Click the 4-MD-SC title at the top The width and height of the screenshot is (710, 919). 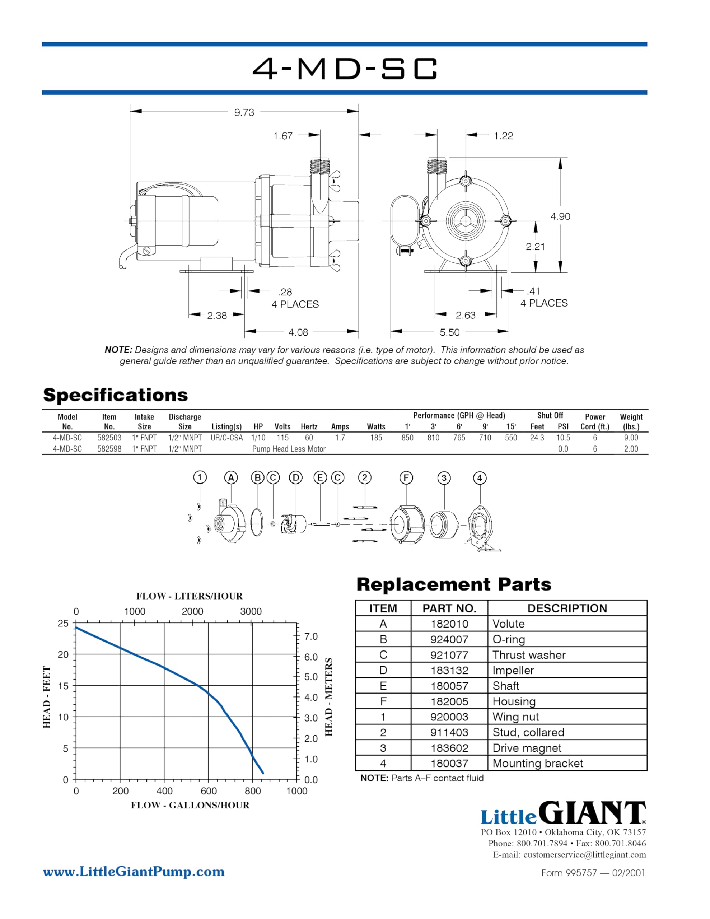point(345,69)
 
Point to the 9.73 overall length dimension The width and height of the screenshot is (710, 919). point(244,112)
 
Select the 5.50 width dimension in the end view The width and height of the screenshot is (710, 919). point(449,332)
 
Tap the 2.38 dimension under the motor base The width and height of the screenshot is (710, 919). point(217,315)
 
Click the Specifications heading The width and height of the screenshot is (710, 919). point(115,395)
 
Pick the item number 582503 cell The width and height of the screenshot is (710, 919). point(109,438)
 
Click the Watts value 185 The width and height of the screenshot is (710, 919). point(376,438)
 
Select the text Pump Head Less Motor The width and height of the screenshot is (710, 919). point(289,449)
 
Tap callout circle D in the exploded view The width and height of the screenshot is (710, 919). point(296,477)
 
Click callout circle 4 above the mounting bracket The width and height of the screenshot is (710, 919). point(479,478)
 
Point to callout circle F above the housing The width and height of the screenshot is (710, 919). point(406,477)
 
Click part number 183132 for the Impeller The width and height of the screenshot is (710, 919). point(449,670)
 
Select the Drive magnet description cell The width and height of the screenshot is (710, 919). point(527,748)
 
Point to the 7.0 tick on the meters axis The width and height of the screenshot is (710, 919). point(310,636)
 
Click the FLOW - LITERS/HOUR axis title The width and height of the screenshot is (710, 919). point(190,596)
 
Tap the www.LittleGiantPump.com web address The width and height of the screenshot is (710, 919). point(134,872)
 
